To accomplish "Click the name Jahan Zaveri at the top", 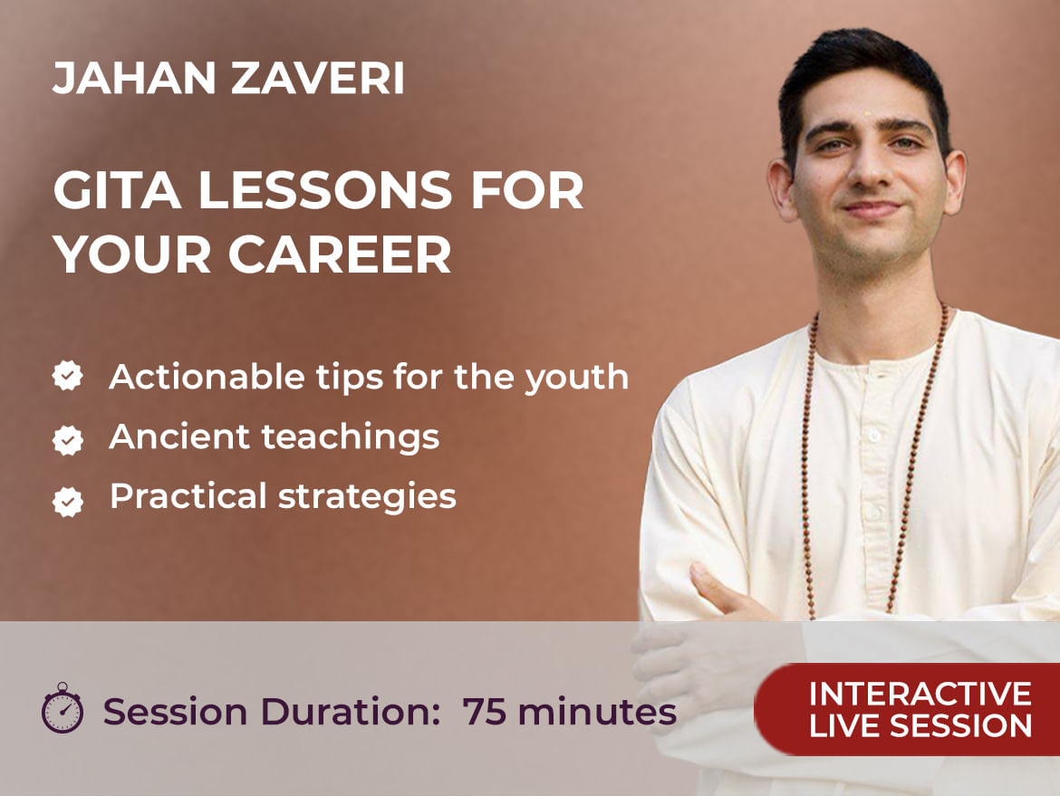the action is (x=228, y=78).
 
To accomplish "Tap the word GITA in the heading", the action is (x=116, y=190).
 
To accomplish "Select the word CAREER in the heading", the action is (x=340, y=254).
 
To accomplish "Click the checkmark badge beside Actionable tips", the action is (x=68, y=376).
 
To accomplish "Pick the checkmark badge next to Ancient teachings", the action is (x=68, y=440).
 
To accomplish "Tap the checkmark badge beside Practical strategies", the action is (x=68, y=502).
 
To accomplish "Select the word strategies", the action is (x=367, y=497).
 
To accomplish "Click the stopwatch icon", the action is (x=63, y=708).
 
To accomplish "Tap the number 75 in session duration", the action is (x=485, y=712).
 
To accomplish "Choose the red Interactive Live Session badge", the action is (x=907, y=709).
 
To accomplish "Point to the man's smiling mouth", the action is (x=872, y=210).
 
